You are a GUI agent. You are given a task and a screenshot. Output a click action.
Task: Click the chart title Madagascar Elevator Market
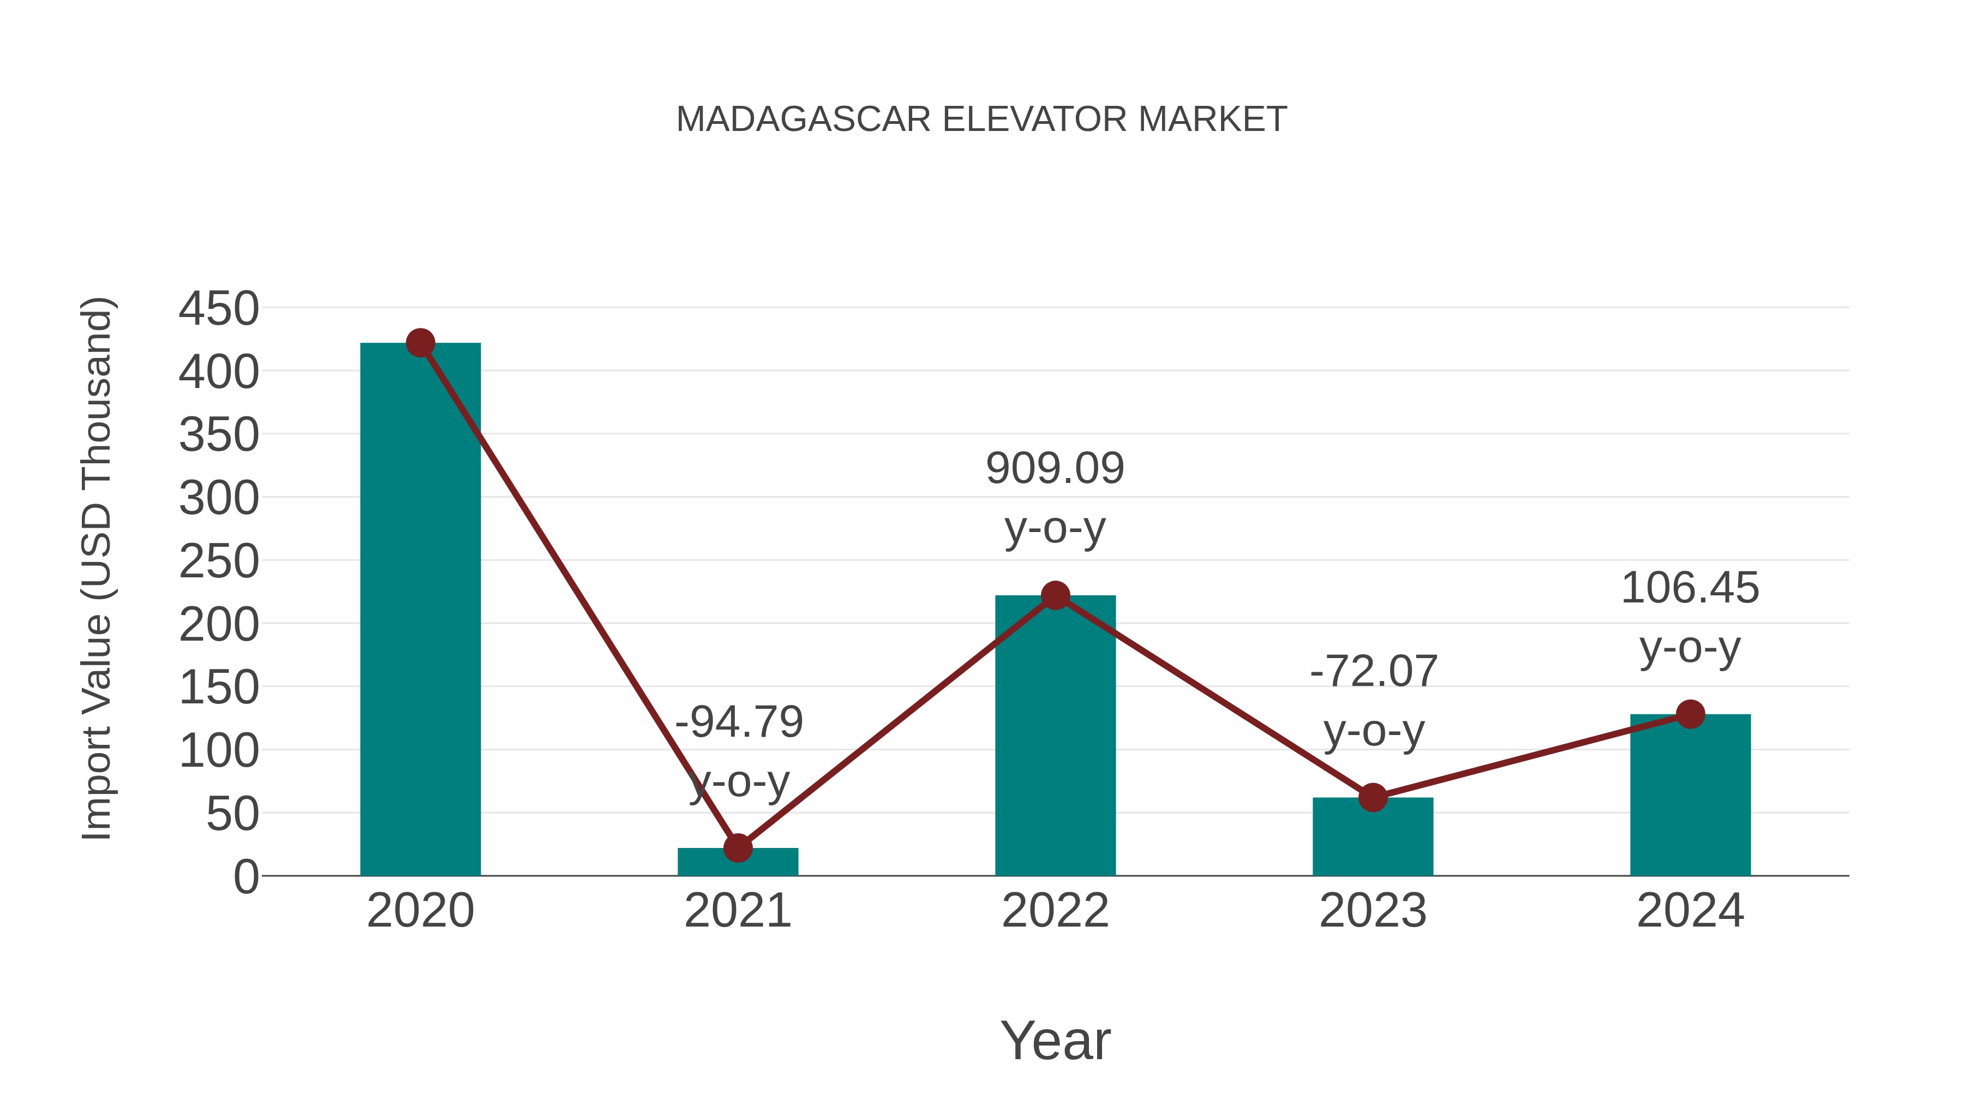[981, 120]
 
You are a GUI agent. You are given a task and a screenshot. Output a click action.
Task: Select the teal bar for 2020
[420, 610]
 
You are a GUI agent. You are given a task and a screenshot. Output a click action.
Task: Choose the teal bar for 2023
[1373, 839]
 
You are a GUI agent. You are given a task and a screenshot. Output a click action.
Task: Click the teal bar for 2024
[1690, 797]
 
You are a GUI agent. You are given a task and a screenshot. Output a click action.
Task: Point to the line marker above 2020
[420, 343]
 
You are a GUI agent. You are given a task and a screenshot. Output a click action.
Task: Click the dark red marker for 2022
[1055, 595]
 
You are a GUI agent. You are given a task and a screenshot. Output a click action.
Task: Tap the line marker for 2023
[1373, 798]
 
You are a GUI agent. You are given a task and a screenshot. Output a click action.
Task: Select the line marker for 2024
[1690, 714]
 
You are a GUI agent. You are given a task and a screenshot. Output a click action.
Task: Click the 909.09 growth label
[1055, 468]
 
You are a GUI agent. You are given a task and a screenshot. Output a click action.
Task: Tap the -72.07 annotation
[1373, 672]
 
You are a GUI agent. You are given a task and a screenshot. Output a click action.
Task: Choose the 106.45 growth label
[1690, 589]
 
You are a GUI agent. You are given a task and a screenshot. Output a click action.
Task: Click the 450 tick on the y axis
[219, 309]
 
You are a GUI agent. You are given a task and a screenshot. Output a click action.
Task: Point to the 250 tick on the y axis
[219, 562]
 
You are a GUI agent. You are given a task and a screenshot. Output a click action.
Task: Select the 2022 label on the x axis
[1055, 911]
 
